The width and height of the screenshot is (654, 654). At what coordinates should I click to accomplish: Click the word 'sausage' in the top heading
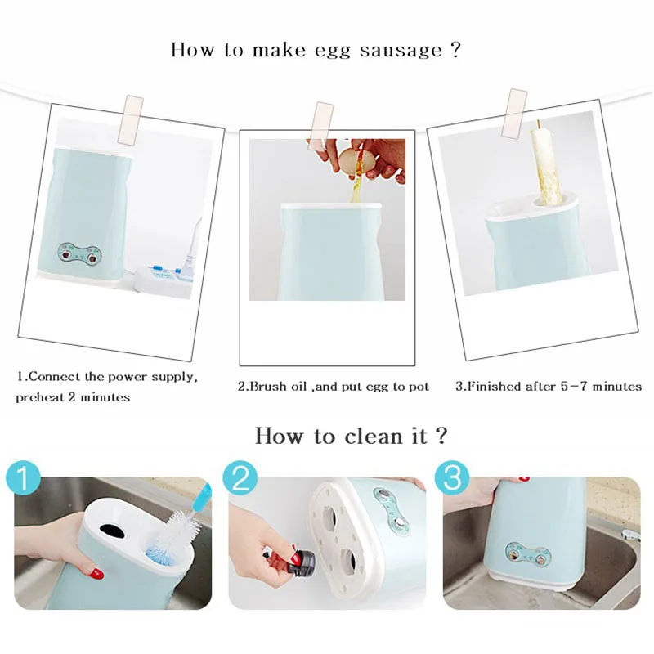pyautogui.click(x=401, y=51)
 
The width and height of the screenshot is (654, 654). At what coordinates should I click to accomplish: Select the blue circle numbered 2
pyautogui.click(x=240, y=478)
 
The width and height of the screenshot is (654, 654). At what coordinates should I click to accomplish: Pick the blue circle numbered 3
pyautogui.click(x=452, y=478)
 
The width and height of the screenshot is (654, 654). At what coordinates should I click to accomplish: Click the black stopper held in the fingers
pyautogui.click(x=301, y=562)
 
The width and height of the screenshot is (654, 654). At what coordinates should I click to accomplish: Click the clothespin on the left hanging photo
pyautogui.click(x=130, y=120)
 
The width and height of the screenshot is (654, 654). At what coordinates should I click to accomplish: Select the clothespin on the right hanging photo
pyautogui.click(x=514, y=113)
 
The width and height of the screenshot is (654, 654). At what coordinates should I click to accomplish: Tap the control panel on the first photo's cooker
pyautogui.click(x=79, y=255)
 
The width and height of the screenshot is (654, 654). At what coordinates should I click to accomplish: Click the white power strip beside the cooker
pyautogui.click(x=165, y=280)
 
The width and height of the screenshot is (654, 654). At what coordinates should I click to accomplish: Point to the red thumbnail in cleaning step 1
pyautogui.click(x=96, y=574)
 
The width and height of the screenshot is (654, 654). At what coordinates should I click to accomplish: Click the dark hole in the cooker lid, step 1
pyautogui.click(x=113, y=531)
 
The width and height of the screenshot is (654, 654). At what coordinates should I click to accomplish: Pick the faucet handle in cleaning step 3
pyautogui.click(x=630, y=535)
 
